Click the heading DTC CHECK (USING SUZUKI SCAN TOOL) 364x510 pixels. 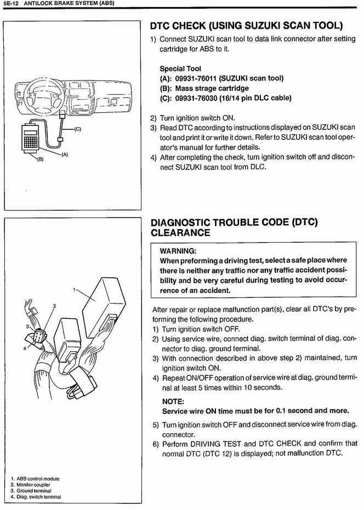[x=247, y=26]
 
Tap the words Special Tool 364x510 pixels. [x=180, y=68]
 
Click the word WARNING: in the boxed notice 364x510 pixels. [x=178, y=251]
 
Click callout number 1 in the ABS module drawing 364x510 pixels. [x=74, y=289]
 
